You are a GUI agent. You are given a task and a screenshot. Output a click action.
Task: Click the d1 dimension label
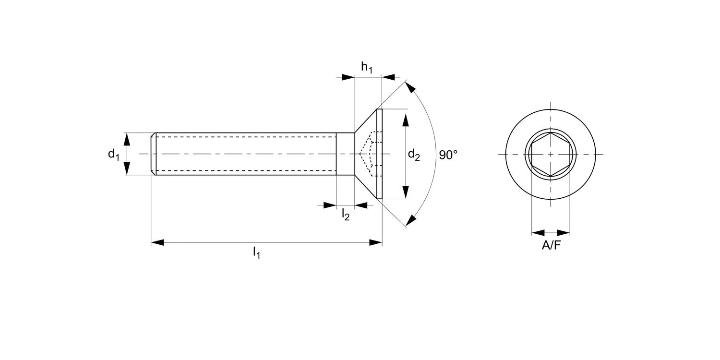tap(113, 154)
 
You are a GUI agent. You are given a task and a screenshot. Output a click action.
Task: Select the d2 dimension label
tap(414, 155)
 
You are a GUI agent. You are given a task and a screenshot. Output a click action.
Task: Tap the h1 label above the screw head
tap(367, 68)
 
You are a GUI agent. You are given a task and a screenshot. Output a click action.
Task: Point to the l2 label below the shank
tap(346, 215)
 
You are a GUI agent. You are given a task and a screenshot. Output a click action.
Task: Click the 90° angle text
tap(448, 155)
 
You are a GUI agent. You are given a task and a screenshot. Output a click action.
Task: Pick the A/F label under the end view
tap(551, 246)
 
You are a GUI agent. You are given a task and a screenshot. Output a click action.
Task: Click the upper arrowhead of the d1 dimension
tap(127, 139)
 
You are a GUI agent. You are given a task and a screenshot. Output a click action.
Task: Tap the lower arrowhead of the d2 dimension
tap(406, 192)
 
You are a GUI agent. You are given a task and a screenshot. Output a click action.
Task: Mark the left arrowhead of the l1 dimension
tap(157, 242)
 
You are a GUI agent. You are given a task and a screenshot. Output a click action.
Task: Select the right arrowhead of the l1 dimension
tap(376, 242)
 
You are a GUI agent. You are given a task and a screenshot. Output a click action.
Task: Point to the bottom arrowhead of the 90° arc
tap(410, 220)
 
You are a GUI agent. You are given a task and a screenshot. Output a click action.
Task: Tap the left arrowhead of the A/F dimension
tap(538, 233)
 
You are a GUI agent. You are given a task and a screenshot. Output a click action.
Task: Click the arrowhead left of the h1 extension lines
tap(348, 77)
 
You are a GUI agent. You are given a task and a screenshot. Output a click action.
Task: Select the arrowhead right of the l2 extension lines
tap(361, 205)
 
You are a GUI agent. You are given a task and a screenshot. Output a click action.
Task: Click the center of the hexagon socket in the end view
tap(551, 154)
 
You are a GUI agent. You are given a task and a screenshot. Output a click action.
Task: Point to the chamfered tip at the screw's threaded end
tap(154, 154)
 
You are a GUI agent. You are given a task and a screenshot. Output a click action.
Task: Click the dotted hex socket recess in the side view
tap(370, 154)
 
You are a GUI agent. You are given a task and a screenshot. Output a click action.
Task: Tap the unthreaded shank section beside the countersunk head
tap(345, 154)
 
